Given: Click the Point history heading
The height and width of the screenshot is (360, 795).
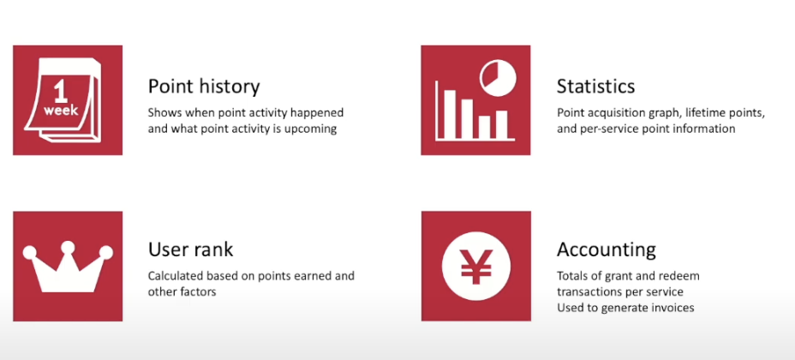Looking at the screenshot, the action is click(204, 87).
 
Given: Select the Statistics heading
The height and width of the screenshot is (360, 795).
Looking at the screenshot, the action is click(595, 87).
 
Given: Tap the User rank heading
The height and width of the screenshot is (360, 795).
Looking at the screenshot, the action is click(191, 249).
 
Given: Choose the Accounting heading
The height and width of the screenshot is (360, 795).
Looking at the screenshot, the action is click(607, 249).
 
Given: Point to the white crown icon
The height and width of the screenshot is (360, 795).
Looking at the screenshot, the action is click(68, 267).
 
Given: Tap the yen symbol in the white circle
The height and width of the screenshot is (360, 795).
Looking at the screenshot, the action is click(476, 267).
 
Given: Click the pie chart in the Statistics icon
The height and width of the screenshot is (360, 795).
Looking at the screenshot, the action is click(498, 79).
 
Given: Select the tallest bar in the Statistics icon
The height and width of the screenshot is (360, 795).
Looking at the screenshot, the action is click(450, 114).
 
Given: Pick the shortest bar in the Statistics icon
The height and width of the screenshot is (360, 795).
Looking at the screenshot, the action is click(484, 127).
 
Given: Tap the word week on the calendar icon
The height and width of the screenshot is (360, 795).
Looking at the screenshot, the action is click(61, 110).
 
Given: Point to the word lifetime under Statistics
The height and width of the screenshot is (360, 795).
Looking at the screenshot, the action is click(703, 113).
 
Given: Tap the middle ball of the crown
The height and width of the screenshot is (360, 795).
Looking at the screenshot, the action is click(68, 247).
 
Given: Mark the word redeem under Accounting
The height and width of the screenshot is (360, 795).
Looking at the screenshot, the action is click(683, 276).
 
